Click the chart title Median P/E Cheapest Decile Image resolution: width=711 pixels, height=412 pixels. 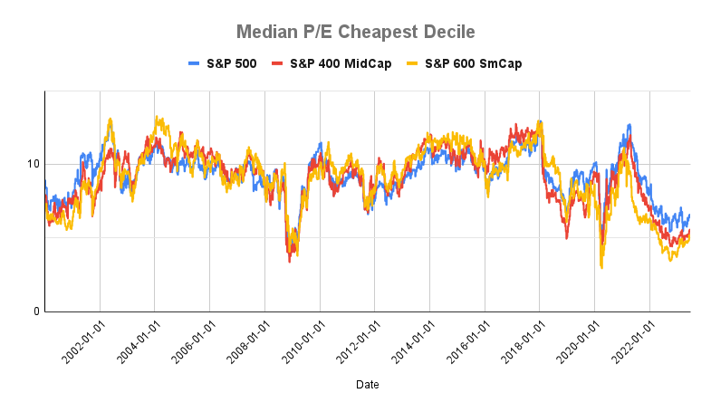point(355,32)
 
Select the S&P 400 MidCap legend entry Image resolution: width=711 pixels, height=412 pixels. point(339,63)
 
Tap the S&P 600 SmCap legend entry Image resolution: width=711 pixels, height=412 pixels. point(464,63)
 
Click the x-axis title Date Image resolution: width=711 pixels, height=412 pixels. point(368,385)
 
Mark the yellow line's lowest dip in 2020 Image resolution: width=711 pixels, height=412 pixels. point(601,267)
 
